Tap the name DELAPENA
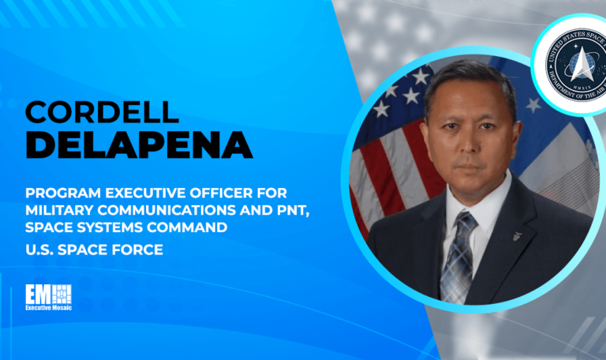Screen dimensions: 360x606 [128, 145]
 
